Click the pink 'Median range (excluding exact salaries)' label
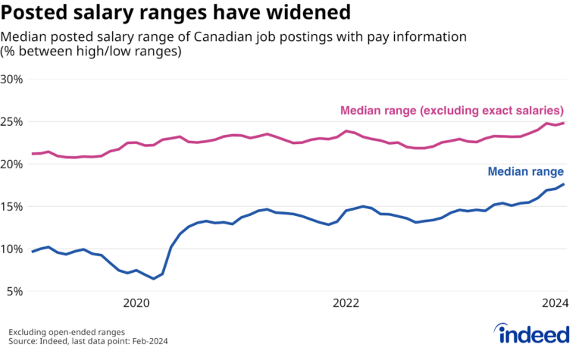[x=452, y=110]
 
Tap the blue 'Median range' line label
[x=526, y=172]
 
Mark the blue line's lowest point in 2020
[x=154, y=279]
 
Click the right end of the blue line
[x=564, y=184]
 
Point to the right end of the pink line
[x=564, y=123]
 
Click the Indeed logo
[x=532, y=333]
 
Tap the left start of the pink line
[x=32, y=154]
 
